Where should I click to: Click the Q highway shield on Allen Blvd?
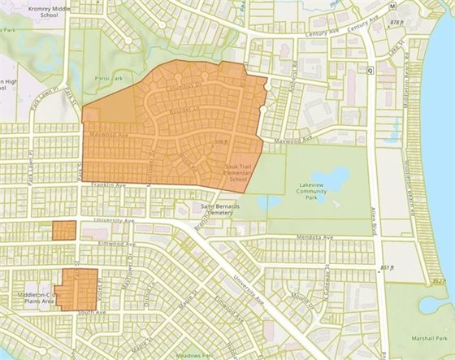tap(370, 70)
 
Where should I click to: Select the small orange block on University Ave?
tap(63, 230)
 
